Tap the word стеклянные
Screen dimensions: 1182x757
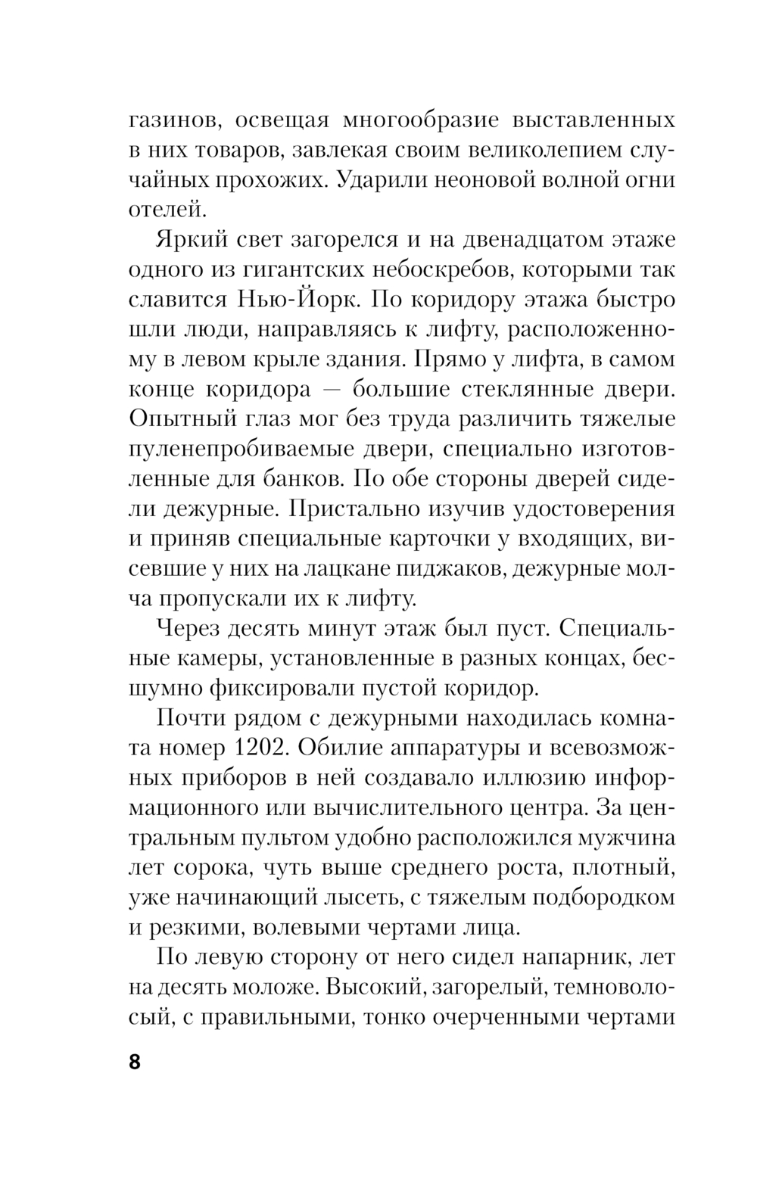520,389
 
